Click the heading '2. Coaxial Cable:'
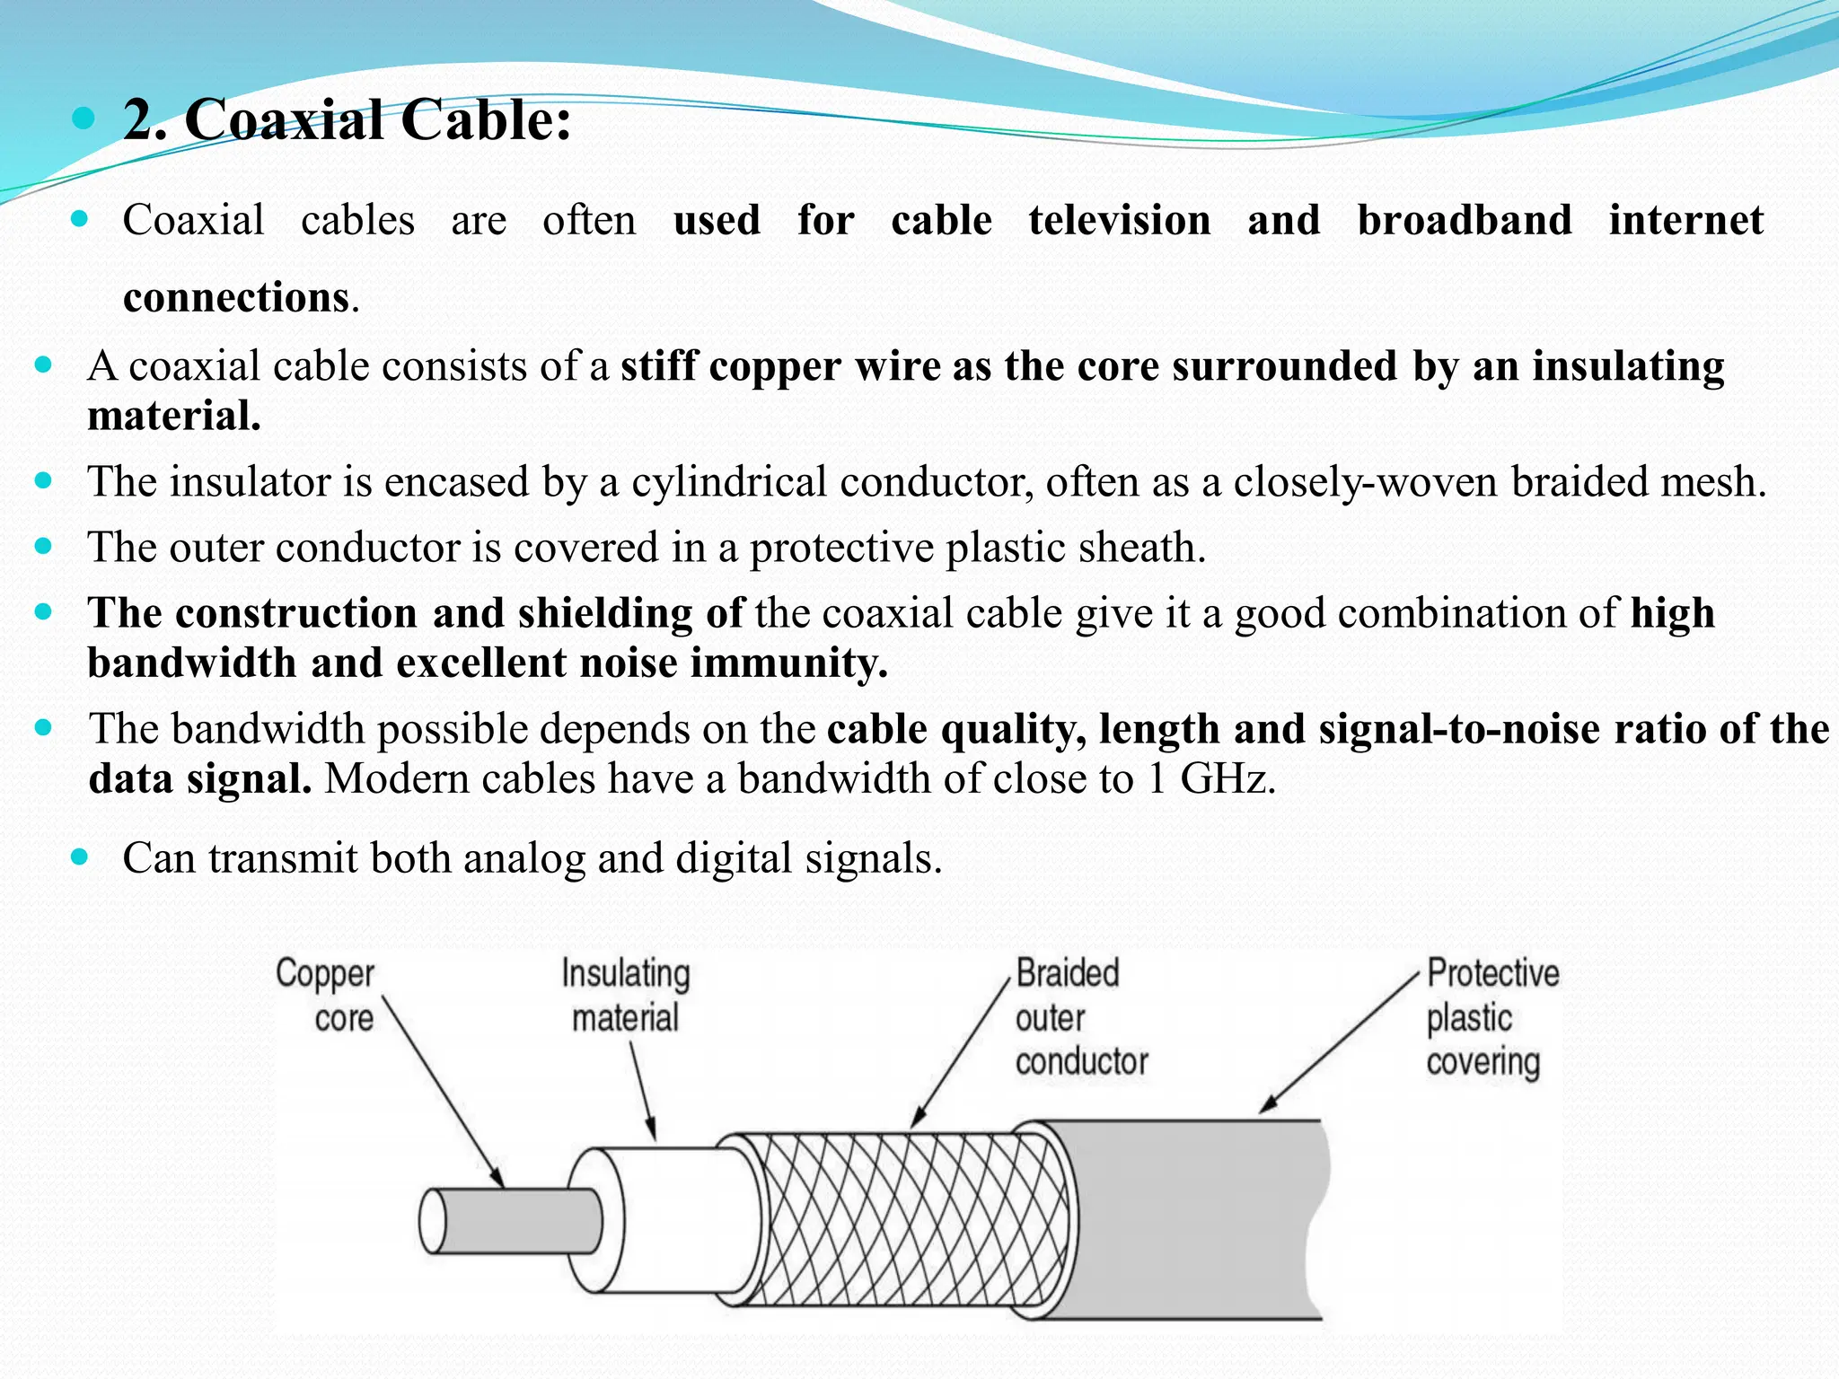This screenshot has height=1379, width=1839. coord(347,120)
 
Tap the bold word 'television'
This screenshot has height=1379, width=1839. coord(1119,221)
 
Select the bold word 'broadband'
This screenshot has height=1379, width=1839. coord(1464,221)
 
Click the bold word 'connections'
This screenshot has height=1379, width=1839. coord(235,298)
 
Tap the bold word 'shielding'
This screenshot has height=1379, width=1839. coord(604,613)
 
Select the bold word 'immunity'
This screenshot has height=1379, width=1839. coord(788,663)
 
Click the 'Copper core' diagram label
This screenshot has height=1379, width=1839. coord(325,996)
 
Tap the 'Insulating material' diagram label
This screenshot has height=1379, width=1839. coord(626,996)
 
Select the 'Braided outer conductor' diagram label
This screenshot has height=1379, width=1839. coord(1080,1017)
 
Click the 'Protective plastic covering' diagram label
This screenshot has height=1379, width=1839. coord(1491,1017)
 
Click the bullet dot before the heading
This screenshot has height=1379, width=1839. coord(84,118)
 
